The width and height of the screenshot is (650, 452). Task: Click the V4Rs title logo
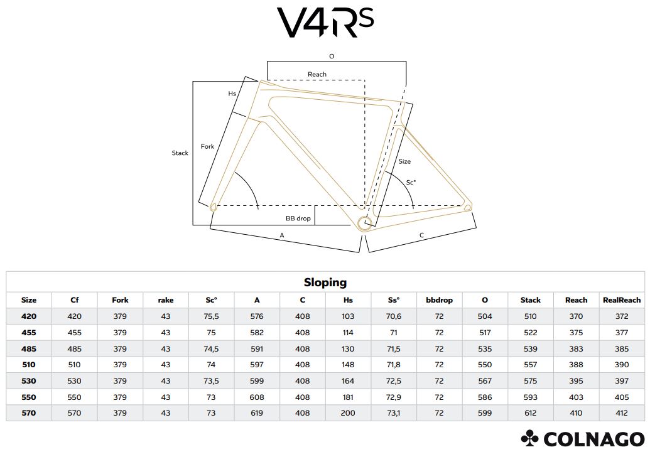tap(325, 23)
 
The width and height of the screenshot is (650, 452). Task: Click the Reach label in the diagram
tap(317, 74)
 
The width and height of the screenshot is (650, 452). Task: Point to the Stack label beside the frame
tap(180, 153)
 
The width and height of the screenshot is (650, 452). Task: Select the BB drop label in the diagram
tap(298, 218)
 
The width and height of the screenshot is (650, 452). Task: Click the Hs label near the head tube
tap(232, 94)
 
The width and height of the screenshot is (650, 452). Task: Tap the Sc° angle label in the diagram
tap(411, 183)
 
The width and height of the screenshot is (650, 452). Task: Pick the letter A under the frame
tap(282, 235)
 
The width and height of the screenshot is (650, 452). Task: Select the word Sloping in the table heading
tap(325, 282)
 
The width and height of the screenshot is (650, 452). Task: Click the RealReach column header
tap(622, 300)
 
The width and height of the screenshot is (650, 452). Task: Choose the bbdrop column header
tap(439, 300)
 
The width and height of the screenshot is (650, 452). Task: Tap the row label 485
tap(29, 348)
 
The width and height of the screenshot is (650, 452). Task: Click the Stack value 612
tap(531, 413)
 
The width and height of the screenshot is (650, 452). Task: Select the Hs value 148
tap(348, 365)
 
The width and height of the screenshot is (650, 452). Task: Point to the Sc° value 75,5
tap(212, 316)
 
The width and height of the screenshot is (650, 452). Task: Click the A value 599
tap(257, 381)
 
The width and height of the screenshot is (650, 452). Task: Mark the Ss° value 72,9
tap(394, 397)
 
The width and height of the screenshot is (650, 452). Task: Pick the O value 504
tap(485, 316)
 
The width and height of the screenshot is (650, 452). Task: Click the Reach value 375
tap(576, 333)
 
